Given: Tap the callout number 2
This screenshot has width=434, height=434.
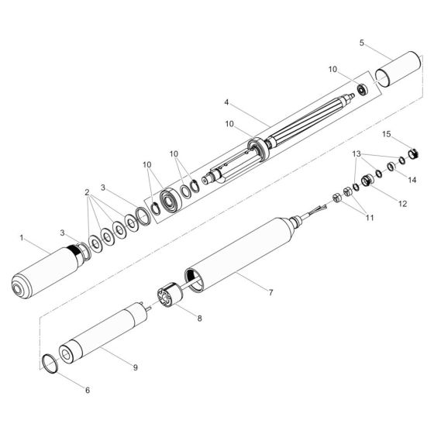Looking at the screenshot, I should tap(88, 191).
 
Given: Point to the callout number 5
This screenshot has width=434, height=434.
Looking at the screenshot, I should tap(363, 44).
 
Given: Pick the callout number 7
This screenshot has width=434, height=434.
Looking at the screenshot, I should tap(270, 293).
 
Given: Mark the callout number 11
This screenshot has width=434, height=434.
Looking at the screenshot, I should tap(369, 219).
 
